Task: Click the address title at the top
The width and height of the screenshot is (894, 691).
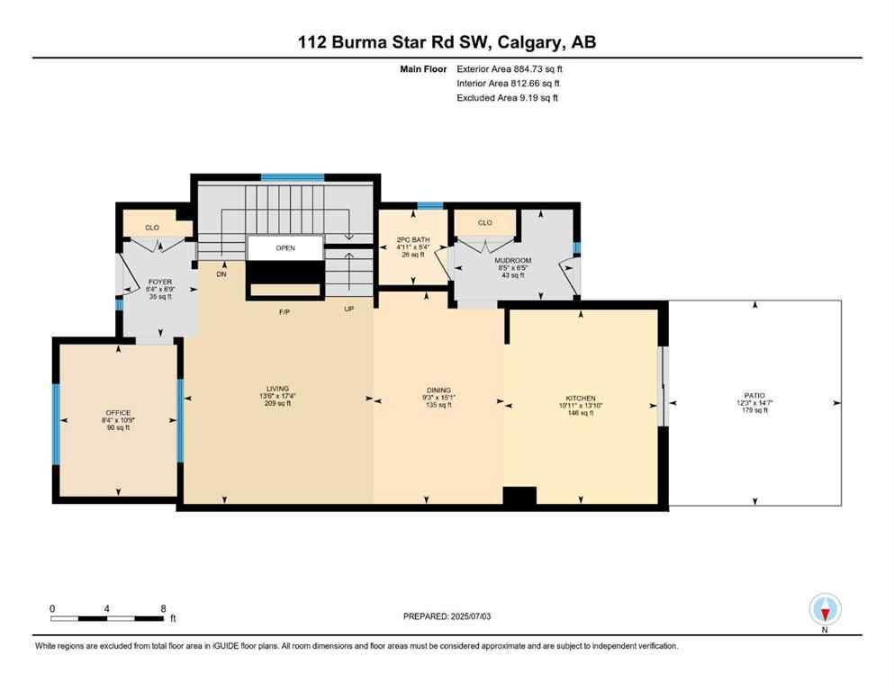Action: click(x=447, y=41)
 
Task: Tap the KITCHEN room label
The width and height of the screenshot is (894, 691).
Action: click(x=580, y=398)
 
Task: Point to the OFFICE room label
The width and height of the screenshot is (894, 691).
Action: click(x=117, y=413)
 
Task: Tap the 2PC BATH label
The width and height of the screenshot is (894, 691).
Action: click(x=411, y=240)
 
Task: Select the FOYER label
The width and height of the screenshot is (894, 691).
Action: click(x=159, y=282)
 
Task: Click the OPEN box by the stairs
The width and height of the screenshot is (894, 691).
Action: click(x=285, y=248)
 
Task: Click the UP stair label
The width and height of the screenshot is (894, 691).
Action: click(x=349, y=310)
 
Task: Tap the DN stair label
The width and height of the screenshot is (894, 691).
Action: click(x=221, y=274)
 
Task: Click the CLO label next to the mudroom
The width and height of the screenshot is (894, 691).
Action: click(x=484, y=222)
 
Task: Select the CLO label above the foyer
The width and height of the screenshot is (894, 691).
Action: click(x=152, y=228)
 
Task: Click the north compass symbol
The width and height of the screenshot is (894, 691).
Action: click(x=825, y=611)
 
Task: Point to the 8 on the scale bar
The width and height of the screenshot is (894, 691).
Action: click(x=163, y=608)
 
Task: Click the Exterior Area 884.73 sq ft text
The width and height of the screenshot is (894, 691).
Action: click(x=513, y=68)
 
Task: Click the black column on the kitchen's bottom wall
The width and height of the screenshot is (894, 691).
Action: click(x=519, y=496)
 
